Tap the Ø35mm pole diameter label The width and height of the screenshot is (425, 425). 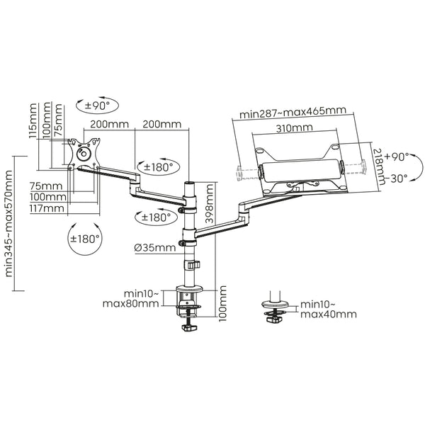click(x=154, y=247)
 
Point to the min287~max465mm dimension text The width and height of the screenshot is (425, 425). click(x=292, y=111)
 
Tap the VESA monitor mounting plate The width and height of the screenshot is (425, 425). click(x=82, y=152)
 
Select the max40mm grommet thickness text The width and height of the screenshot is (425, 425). click(x=327, y=314)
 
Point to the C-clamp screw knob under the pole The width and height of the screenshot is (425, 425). click(x=190, y=327)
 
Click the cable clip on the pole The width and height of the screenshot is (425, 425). click(x=193, y=265)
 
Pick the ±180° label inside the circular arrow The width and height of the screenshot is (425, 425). click(x=85, y=239)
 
